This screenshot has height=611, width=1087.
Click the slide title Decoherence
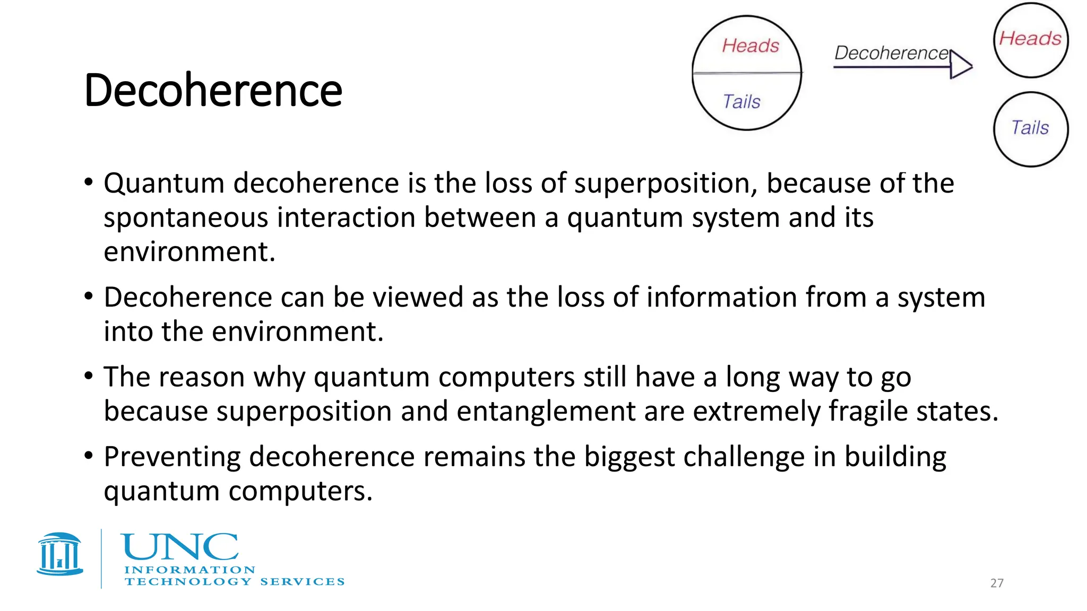[x=213, y=90]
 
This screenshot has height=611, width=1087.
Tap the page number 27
[x=997, y=583]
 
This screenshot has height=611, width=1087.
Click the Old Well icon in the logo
[x=60, y=554]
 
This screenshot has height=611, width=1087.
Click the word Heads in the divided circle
[x=750, y=46]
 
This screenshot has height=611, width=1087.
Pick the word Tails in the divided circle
[x=741, y=102]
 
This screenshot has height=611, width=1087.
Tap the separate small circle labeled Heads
[x=1030, y=40]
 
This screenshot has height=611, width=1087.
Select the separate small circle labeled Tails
[x=1030, y=129]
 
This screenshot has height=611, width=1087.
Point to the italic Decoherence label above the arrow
[x=891, y=53]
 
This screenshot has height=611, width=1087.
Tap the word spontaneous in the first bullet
[x=186, y=219]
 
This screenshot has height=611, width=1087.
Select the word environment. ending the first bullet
[x=189, y=252]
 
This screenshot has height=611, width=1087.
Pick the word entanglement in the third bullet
[x=546, y=412]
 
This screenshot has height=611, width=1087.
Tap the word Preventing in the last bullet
[x=172, y=457]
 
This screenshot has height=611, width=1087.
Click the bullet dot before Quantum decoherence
[x=89, y=183]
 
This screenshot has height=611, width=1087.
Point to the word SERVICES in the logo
[x=302, y=582]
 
